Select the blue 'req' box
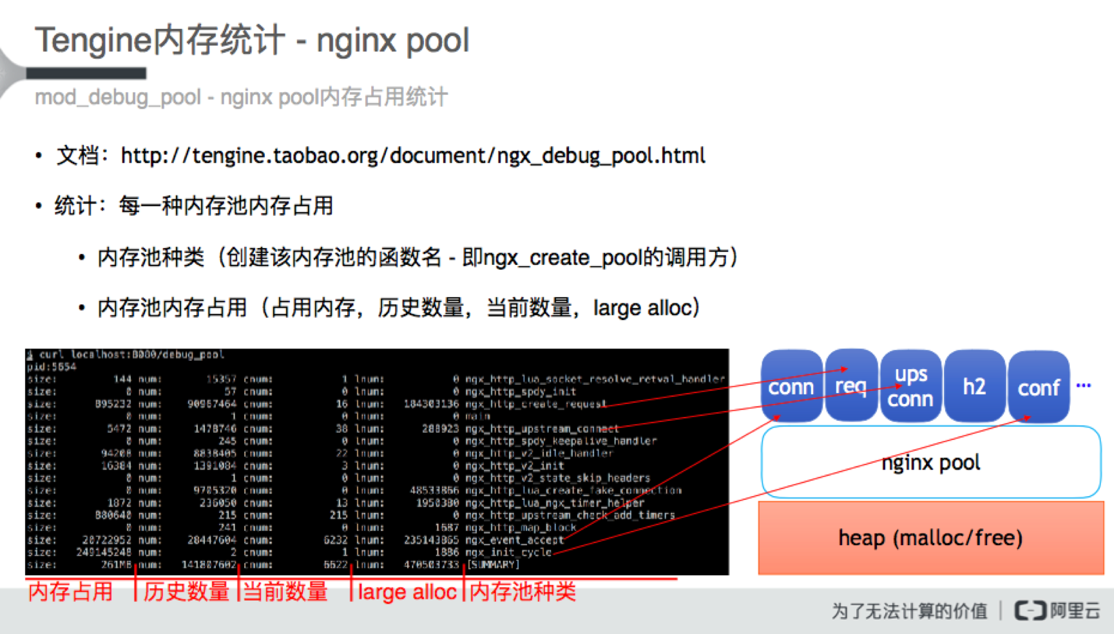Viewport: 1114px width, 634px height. pyautogui.click(x=850, y=385)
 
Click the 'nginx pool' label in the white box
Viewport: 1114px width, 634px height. pyautogui.click(x=930, y=463)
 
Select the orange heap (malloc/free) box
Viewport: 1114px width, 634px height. pyautogui.click(x=930, y=537)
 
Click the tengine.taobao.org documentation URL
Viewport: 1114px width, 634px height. pyautogui.click(x=413, y=156)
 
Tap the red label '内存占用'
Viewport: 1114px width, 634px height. pyautogui.click(x=71, y=591)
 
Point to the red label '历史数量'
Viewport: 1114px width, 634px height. pyautogui.click(x=186, y=591)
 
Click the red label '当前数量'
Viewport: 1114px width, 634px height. pyautogui.click(x=285, y=591)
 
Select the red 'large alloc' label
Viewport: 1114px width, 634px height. pyautogui.click(x=407, y=591)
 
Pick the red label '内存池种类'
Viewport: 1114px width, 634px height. pyautogui.click(x=523, y=591)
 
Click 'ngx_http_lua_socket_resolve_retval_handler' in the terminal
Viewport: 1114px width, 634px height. pyautogui.click(x=595, y=379)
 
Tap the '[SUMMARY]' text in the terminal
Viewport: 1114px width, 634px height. pyautogui.click(x=493, y=564)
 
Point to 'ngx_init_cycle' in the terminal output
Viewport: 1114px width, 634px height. pyautogui.click(x=508, y=552)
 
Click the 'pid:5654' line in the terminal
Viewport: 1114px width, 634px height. pyautogui.click(x=52, y=367)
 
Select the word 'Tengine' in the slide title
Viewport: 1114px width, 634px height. pyautogui.click(x=93, y=40)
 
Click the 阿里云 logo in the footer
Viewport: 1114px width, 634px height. pyautogui.click(x=1057, y=610)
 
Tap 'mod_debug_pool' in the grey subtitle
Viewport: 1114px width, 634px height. pyautogui.click(x=118, y=97)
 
